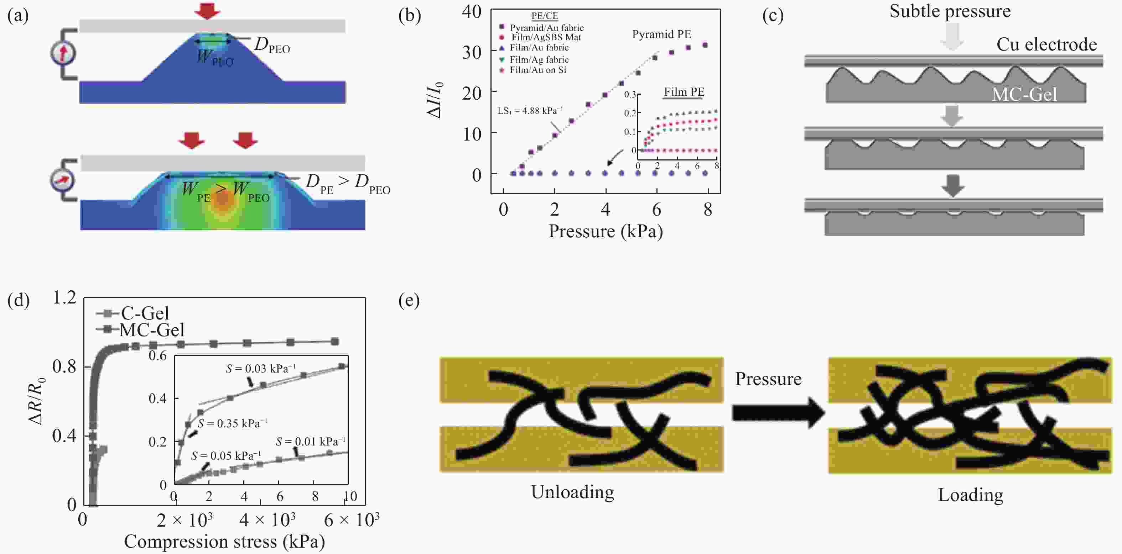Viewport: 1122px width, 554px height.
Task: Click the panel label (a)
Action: (18, 16)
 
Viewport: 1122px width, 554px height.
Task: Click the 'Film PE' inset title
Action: (684, 92)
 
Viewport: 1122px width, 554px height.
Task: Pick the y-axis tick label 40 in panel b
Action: (471, 12)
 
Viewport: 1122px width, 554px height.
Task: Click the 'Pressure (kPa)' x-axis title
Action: (606, 231)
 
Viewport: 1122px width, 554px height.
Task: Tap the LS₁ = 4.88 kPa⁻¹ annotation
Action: (530, 111)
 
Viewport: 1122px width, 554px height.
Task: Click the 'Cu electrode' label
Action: (1046, 44)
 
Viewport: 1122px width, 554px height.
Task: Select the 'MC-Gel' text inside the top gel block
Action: (1024, 94)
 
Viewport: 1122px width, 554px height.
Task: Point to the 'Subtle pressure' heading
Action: (950, 11)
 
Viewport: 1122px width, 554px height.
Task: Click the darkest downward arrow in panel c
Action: (952, 186)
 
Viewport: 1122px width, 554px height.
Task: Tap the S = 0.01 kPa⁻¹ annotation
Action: (311, 442)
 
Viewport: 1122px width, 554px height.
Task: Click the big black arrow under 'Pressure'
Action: (778, 412)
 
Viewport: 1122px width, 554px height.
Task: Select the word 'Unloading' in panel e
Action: (572, 492)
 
